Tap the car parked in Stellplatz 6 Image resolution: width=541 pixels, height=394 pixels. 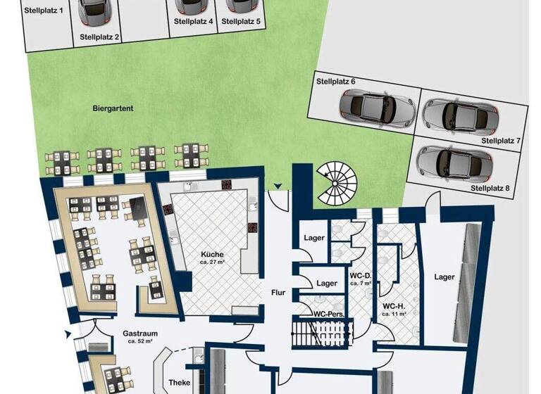[376, 107]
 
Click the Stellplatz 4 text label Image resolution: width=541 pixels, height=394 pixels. [194, 22]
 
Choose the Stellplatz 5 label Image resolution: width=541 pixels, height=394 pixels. [241, 22]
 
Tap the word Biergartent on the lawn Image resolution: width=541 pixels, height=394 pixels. [113, 109]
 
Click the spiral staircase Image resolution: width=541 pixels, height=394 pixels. [337, 182]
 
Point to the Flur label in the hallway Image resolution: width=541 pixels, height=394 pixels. [278, 293]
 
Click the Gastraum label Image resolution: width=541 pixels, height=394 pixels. [139, 333]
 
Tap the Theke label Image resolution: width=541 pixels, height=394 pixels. [179, 383]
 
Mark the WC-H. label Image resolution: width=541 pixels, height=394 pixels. [393, 306]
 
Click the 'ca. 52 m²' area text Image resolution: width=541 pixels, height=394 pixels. [139, 341]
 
